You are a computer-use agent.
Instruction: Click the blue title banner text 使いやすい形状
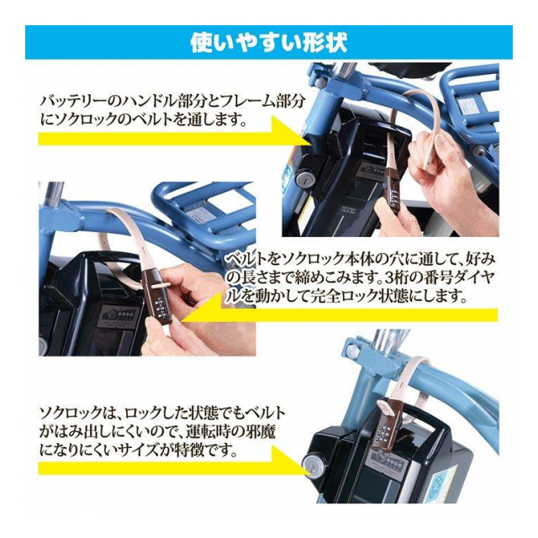coord(269,42)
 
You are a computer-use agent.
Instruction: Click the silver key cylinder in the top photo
coord(304,178)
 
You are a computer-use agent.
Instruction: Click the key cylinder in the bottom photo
coord(312,468)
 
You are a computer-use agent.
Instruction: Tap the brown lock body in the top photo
coord(393,187)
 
